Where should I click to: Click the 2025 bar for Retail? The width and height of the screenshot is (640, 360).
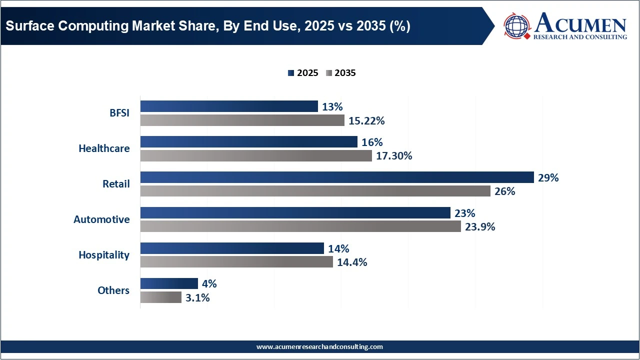[337, 177]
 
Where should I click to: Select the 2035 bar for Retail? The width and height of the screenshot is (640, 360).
[315, 191]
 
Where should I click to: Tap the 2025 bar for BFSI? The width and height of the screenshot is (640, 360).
[229, 106]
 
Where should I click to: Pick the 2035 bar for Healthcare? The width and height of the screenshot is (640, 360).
[256, 156]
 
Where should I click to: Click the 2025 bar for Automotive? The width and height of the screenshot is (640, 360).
[295, 213]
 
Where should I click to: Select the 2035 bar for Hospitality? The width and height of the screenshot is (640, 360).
[236, 262]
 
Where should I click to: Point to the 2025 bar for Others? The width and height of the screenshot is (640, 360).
[169, 284]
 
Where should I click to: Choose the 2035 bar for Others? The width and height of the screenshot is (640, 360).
[160, 297]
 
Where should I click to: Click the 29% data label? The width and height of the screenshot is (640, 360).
[548, 177]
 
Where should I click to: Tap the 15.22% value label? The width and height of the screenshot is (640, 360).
[366, 120]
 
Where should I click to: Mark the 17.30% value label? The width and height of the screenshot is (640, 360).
[394, 156]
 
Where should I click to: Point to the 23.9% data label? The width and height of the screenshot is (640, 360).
[480, 227]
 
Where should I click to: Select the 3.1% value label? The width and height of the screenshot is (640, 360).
[197, 298]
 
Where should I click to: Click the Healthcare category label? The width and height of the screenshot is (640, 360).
[104, 148]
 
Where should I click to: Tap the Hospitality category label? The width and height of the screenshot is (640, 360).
[104, 255]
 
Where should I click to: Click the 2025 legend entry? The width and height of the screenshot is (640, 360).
[303, 73]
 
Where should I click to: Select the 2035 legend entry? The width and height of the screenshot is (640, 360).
[341, 73]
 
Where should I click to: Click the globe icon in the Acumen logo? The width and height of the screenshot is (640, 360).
[517, 26]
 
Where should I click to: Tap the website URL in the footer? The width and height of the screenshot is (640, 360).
[319, 346]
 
